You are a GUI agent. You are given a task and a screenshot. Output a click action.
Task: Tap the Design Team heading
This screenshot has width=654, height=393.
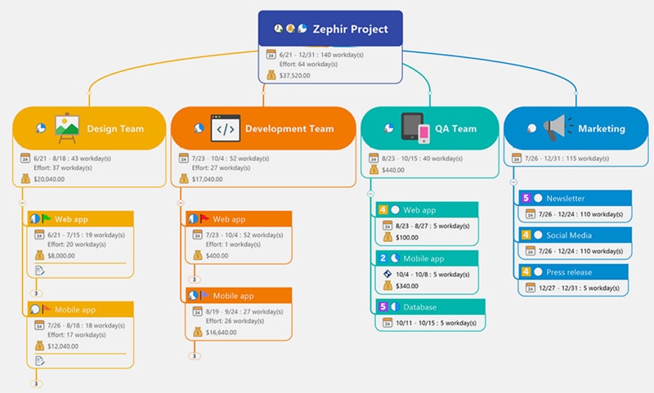click(x=115, y=128)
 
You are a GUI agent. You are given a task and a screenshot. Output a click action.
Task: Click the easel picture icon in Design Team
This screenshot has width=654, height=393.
click(x=66, y=127)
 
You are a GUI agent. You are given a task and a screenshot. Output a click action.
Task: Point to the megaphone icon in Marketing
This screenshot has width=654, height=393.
click(x=556, y=127)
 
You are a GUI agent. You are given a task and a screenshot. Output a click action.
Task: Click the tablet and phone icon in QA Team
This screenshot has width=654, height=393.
click(x=414, y=128)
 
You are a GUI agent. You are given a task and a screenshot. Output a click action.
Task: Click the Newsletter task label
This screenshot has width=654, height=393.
click(x=566, y=198)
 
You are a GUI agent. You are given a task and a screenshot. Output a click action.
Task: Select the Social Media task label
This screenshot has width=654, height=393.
click(x=569, y=234)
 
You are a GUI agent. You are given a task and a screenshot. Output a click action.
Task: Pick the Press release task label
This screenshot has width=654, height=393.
click(x=570, y=271)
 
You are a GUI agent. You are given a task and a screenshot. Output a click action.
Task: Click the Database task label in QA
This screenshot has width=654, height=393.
click(x=420, y=306)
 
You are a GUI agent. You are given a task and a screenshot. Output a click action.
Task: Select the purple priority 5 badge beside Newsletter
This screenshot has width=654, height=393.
click(x=526, y=198)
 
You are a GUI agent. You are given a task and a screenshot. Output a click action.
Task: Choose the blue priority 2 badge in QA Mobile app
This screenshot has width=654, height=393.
click(x=383, y=258)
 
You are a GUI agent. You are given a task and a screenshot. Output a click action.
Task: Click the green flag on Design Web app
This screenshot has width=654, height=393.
click(x=46, y=218)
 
